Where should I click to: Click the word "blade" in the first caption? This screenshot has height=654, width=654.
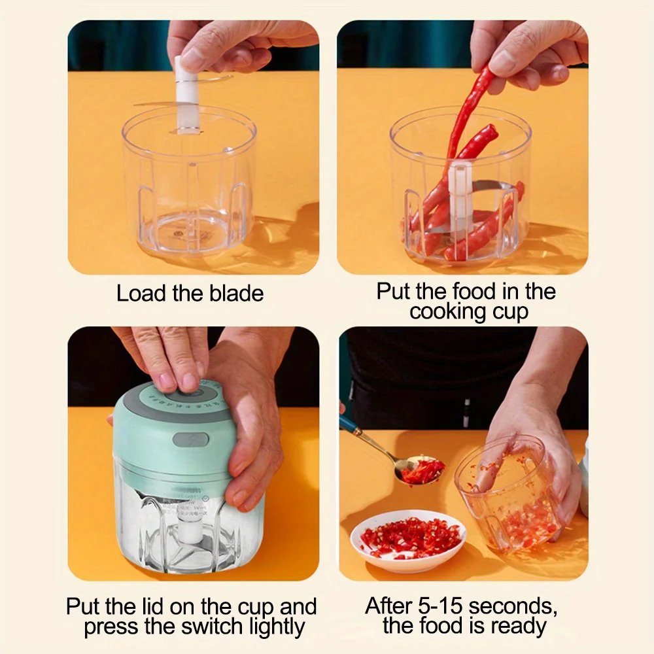236,294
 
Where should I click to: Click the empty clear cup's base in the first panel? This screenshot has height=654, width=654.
190,232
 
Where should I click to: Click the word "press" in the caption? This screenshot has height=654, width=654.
110,627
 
